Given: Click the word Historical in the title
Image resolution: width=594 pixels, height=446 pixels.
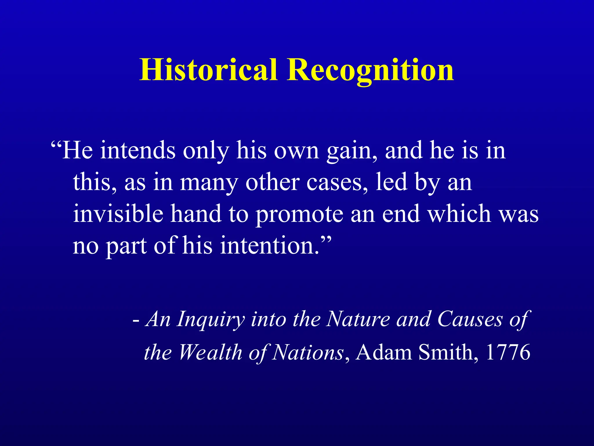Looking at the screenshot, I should click(x=209, y=70).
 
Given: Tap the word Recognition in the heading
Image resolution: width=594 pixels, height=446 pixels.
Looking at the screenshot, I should click(x=370, y=70).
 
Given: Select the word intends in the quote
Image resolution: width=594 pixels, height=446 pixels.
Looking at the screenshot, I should click(x=138, y=150).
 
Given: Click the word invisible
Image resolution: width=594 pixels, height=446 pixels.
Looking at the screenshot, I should click(x=118, y=213).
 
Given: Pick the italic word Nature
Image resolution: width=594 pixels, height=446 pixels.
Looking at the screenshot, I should click(x=358, y=319).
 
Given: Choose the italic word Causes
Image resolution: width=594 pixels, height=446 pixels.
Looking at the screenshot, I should click(x=470, y=319).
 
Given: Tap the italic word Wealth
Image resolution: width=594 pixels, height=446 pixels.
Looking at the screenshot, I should click(x=210, y=352).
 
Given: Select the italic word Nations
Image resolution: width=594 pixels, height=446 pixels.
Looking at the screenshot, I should click(x=308, y=352).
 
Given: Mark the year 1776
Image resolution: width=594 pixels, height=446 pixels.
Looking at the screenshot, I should click(x=508, y=352).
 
